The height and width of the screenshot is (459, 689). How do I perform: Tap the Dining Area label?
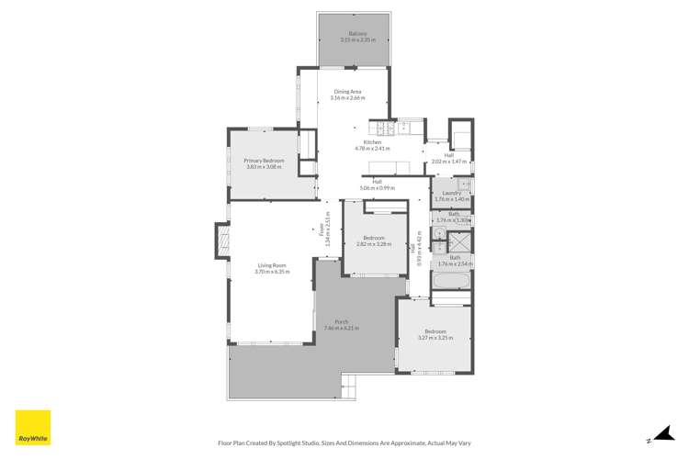click(347, 92)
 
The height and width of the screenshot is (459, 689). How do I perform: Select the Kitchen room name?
click(372, 142)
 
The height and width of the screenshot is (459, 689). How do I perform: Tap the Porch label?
click(341, 321)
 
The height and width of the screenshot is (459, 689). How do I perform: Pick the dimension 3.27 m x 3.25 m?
click(435, 337)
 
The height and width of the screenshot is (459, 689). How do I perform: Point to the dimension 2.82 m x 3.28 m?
click(374, 243)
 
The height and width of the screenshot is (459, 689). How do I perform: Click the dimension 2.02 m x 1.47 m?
click(449, 162)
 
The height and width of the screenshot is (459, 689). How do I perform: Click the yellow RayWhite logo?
click(31, 426)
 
